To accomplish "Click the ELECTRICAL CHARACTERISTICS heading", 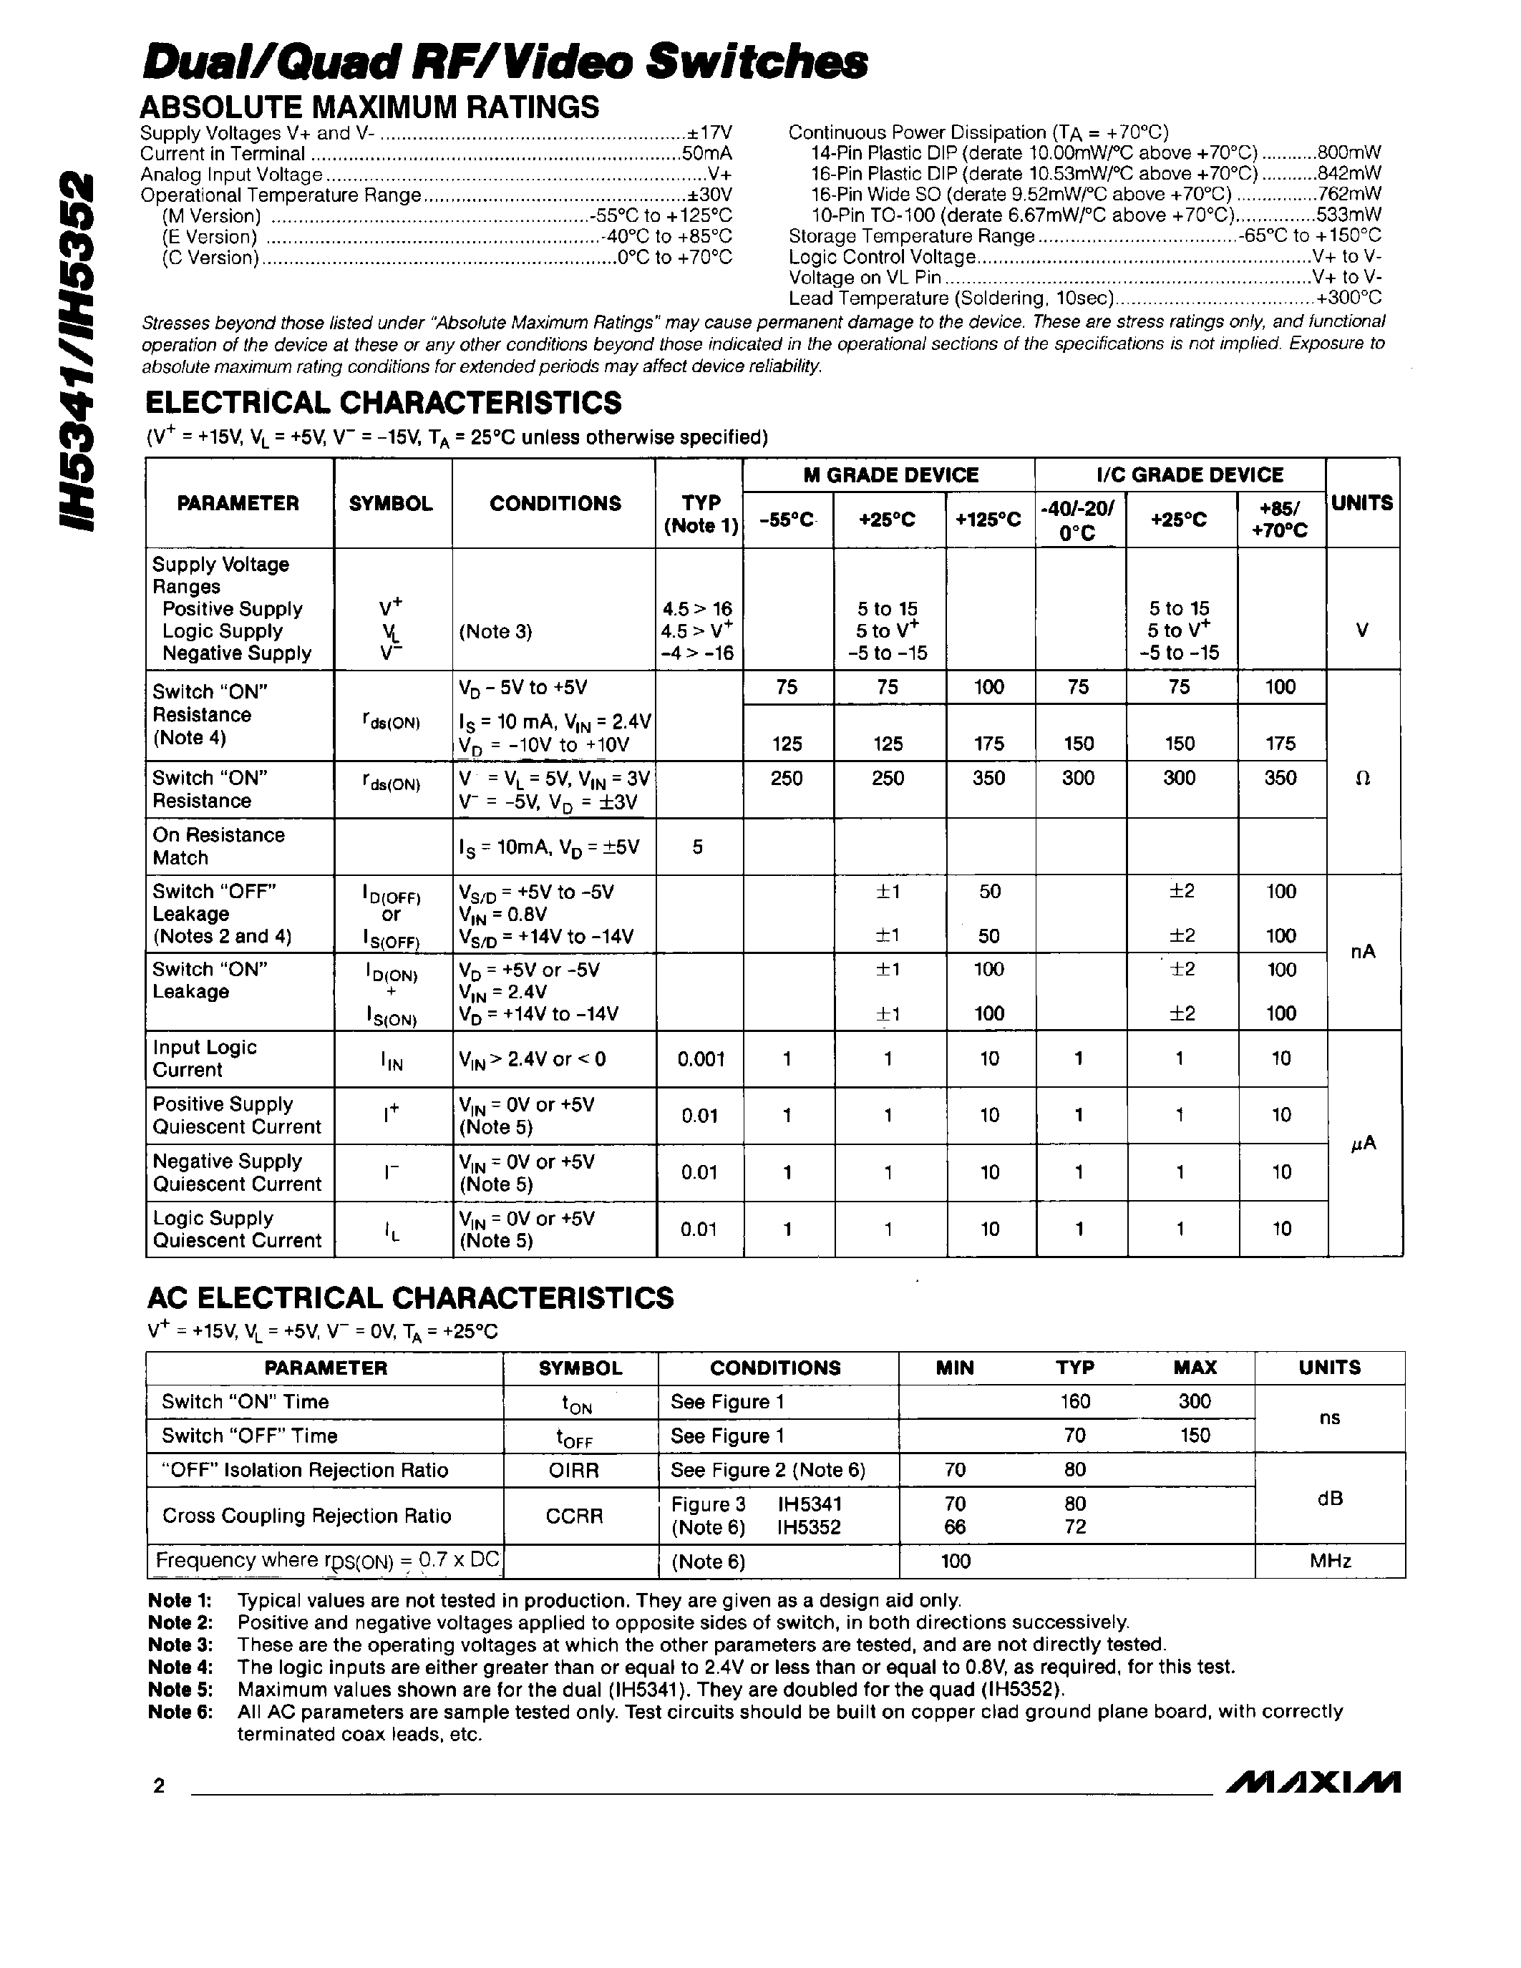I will [383, 402].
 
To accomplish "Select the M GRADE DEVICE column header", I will [890, 475].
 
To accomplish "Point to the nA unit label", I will [1364, 952].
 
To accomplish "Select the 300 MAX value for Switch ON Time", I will [1194, 1401].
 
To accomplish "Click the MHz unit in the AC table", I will [1329, 1562].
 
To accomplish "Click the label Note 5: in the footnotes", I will [180, 1690].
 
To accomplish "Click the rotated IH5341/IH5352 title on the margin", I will [76, 351].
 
